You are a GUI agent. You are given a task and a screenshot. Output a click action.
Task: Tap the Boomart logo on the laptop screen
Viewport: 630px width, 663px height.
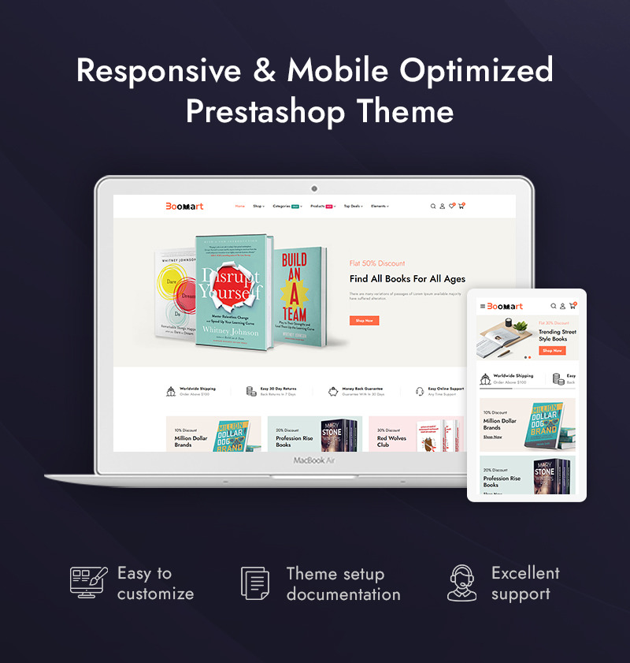click(184, 207)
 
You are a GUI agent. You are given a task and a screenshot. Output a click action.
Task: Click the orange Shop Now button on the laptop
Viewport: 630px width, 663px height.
click(364, 321)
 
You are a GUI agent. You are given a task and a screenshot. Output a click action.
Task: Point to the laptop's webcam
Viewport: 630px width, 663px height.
click(314, 188)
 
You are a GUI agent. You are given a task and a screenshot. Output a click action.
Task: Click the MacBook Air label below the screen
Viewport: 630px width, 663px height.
click(314, 460)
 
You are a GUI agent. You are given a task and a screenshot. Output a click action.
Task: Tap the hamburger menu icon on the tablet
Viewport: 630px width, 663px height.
click(483, 306)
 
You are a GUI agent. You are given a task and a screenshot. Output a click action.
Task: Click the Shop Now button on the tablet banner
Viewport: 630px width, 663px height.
click(552, 350)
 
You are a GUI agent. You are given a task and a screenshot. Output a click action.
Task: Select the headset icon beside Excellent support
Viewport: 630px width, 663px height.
click(462, 583)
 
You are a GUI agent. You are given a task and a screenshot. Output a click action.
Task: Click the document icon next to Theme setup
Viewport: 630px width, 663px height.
click(255, 583)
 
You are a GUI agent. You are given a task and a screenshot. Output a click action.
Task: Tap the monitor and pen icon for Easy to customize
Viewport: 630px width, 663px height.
click(87, 583)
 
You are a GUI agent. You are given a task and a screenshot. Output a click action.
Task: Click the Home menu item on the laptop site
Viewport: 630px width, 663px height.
click(239, 207)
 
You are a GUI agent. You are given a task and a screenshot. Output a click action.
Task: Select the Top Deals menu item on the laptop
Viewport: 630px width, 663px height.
click(352, 207)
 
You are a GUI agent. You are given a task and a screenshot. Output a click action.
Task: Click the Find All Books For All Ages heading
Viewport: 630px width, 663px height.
click(407, 278)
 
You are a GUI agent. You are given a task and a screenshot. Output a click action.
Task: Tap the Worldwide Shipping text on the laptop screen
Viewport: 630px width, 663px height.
click(197, 389)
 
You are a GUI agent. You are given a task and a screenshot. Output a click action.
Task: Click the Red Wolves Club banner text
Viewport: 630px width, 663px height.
click(391, 441)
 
